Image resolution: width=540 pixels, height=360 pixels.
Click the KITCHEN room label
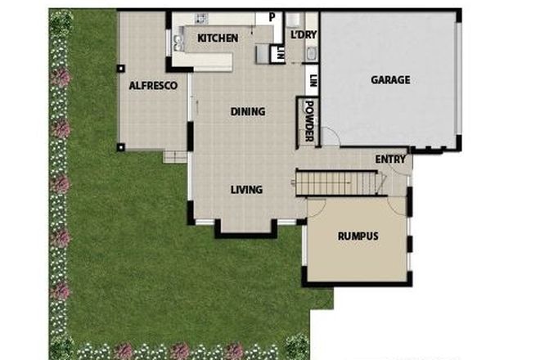tap(218, 38)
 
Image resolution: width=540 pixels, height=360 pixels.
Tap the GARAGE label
tap(389, 80)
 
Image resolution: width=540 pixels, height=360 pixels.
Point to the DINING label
tap(247, 112)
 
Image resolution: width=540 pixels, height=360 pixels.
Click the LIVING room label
tap(245, 190)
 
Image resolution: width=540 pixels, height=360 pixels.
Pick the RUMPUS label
tap(358, 237)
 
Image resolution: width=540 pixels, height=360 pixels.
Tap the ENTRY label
tap(390, 160)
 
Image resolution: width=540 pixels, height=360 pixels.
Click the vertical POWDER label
tap(310, 121)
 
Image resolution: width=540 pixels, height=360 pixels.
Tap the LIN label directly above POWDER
tap(312, 81)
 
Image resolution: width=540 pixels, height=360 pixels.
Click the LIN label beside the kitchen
tap(281, 54)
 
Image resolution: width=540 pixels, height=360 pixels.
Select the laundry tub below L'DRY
tap(310, 55)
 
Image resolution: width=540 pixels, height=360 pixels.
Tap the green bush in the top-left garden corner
tap(61, 20)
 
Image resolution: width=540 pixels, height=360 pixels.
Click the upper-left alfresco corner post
tap(121, 70)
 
